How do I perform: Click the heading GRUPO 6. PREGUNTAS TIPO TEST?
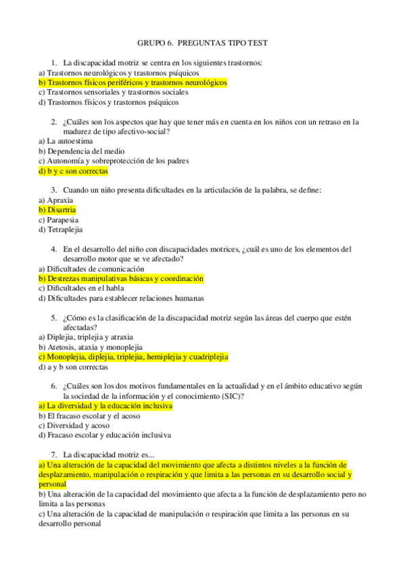point(202,43)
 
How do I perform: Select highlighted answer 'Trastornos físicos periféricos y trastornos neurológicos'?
point(133,82)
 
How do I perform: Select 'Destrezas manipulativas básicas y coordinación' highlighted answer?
point(121,278)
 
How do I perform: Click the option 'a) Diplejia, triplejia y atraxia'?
point(86,337)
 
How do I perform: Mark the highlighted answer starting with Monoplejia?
point(133,357)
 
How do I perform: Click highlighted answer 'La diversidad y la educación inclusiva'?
point(105,406)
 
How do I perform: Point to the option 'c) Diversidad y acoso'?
point(74,426)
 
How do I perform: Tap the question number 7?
point(53,455)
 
